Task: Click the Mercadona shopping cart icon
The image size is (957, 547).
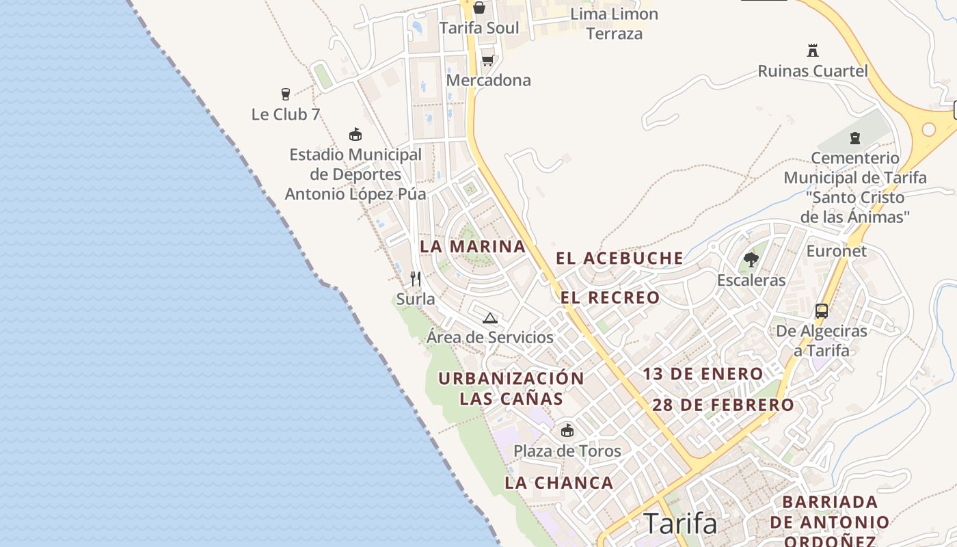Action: click(487, 60)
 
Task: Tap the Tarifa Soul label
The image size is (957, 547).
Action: click(478, 28)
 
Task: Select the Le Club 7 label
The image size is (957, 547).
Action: click(286, 114)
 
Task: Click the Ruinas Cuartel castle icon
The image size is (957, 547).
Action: click(813, 50)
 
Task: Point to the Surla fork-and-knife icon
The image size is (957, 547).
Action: click(415, 278)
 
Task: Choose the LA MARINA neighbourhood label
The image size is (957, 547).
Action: click(473, 247)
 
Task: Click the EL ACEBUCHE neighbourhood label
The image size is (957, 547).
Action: click(619, 258)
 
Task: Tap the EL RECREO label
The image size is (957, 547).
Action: click(610, 298)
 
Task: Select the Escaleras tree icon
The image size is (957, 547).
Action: click(751, 260)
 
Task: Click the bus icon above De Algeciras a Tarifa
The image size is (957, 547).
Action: click(822, 311)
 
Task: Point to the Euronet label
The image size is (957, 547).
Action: click(837, 251)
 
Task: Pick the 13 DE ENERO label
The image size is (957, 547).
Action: click(703, 374)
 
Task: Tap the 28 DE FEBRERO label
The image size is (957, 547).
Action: click(723, 405)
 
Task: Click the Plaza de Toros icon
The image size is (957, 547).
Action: click(567, 430)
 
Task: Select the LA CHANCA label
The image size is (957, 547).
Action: click(559, 483)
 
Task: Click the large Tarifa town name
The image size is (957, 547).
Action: click(681, 524)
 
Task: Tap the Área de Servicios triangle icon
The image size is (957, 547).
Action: click(489, 318)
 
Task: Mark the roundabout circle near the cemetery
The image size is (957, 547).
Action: click(928, 129)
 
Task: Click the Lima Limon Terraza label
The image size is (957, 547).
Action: click(615, 23)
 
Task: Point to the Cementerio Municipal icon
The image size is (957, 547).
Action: click(854, 138)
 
